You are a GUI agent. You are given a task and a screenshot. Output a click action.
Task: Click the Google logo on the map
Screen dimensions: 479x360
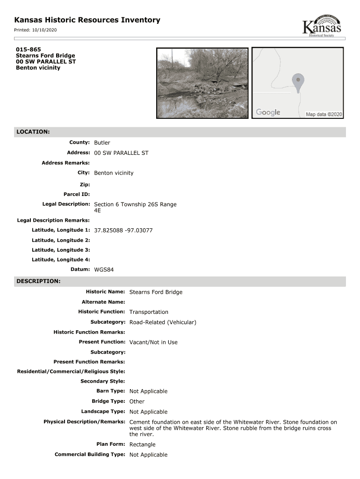tap(268, 112)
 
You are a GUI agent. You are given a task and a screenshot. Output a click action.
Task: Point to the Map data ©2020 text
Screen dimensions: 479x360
tap(324, 114)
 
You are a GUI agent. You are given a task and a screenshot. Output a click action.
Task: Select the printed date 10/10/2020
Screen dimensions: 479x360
tap(44, 30)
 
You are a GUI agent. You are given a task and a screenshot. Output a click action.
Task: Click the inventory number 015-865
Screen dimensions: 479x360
tap(28, 49)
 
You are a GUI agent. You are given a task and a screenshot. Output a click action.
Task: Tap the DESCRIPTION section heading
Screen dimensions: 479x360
tap(38, 281)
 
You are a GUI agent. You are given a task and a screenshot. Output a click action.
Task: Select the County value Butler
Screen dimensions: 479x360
tap(102, 143)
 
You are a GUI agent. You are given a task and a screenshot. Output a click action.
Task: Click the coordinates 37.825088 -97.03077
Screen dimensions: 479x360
tap(123, 231)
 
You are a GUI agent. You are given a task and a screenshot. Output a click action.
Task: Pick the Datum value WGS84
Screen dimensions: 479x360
tap(104, 270)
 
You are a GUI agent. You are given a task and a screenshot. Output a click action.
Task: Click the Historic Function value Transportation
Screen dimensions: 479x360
tap(149, 312)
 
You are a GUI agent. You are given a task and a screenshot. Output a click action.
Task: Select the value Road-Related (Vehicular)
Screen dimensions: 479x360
tap(163, 322)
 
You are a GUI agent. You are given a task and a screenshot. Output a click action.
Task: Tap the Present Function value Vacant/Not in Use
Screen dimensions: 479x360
tap(153, 342)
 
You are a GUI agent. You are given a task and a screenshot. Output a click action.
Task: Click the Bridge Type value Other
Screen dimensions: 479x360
tap(137, 401)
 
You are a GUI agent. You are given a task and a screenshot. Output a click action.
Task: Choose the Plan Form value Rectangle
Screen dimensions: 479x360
tap(142, 444)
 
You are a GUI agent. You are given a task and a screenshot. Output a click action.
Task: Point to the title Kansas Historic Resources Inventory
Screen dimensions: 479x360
tap(87, 20)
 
